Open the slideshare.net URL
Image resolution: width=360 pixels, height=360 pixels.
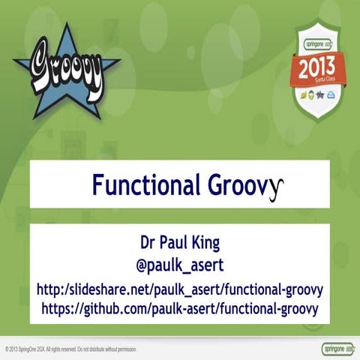[179, 289]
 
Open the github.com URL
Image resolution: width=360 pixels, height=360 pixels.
[179, 308]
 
